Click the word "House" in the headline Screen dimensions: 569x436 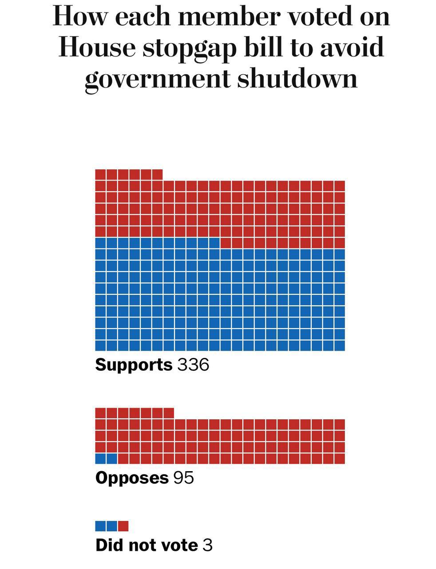(x=97, y=47)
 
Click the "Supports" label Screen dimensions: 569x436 (x=134, y=365)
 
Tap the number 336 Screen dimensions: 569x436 (x=193, y=365)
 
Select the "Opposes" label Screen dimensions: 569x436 (x=132, y=478)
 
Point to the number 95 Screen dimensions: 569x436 (x=183, y=478)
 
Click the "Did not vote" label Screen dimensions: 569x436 (x=147, y=545)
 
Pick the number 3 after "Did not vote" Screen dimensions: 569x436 (x=207, y=545)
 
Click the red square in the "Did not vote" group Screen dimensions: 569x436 (x=123, y=526)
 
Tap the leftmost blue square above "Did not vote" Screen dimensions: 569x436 (x=100, y=526)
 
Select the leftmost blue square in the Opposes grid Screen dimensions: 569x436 (x=100, y=458)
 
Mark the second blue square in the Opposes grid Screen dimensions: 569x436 (x=112, y=458)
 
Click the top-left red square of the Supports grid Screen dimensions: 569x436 (x=100, y=174)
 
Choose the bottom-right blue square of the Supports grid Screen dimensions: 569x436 (x=340, y=345)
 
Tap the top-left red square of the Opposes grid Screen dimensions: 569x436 (x=100, y=413)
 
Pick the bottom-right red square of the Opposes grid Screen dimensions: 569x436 (x=340, y=458)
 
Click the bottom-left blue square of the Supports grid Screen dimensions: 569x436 (x=100, y=345)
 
